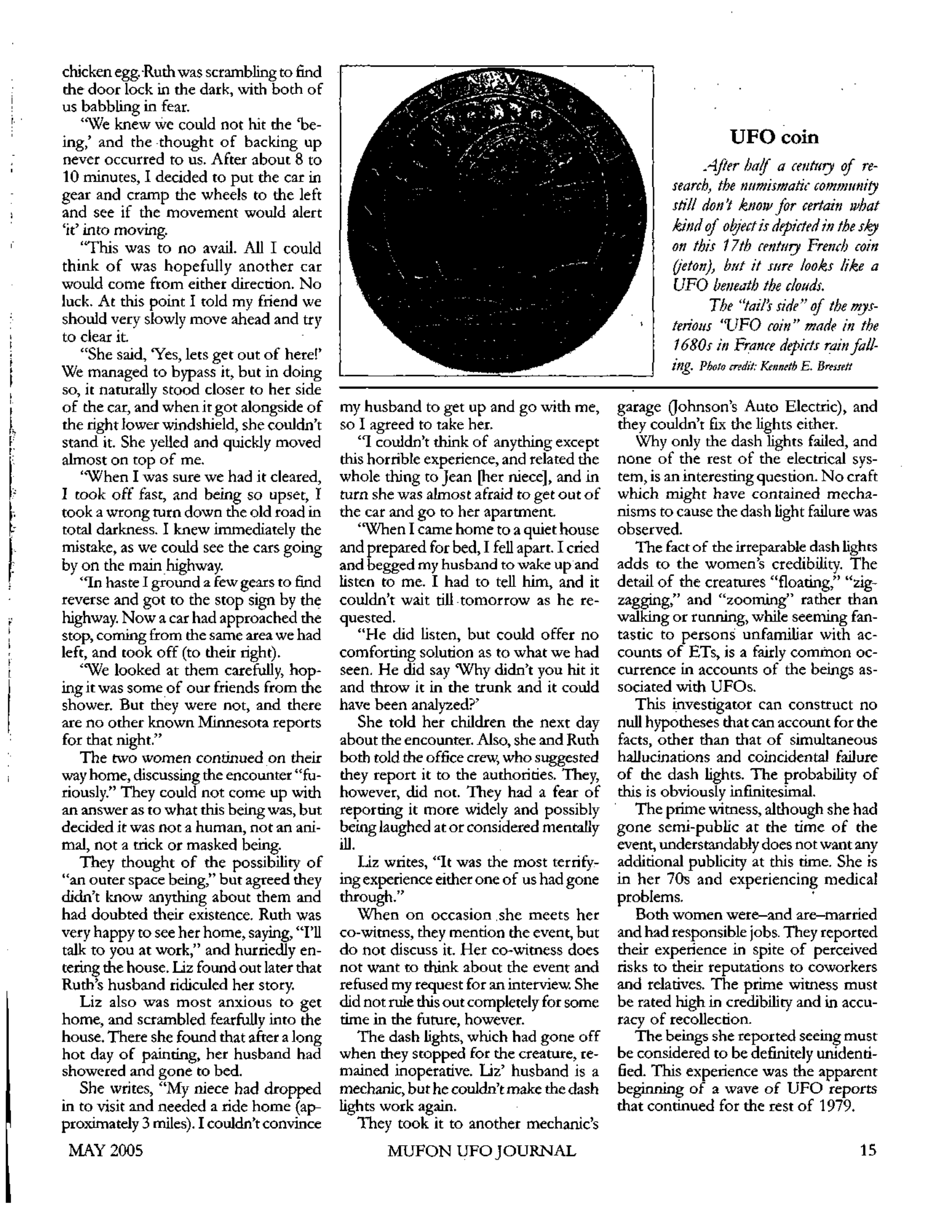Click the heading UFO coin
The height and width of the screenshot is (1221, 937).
(x=774, y=136)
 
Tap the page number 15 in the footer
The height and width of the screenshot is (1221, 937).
(x=868, y=1150)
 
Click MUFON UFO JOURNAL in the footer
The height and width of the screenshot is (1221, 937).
(x=482, y=1151)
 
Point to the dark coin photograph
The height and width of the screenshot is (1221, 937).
(x=497, y=221)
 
